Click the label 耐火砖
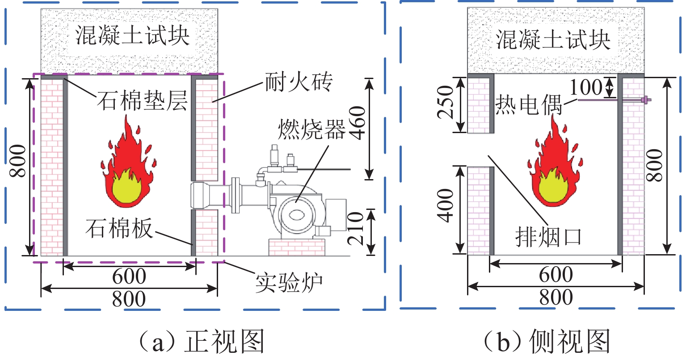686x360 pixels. (x=299, y=82)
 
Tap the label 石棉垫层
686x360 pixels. (x=143, y=100)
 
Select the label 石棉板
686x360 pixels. (x=119, y=228)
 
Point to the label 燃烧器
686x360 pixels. (x=311, y=129)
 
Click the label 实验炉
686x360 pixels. (x=289, y=283)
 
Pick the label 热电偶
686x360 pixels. (x=529, y=104)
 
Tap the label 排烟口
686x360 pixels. (x=548, y=237)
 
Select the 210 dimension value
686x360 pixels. (x=355, y=228)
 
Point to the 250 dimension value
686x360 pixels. (x=445, y=102)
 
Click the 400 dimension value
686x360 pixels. (x=445, y=205)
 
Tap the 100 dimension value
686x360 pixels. (x=586, y=87)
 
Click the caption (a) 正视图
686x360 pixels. (x=201, y=341)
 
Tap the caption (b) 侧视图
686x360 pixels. (x=547, y=341)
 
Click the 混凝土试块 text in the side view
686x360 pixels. (x=553, y=40)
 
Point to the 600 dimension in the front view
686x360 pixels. (x=129, y=276)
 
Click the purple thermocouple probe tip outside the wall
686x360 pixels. (x=647, y=100)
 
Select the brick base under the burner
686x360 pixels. (x=296, y=247)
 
